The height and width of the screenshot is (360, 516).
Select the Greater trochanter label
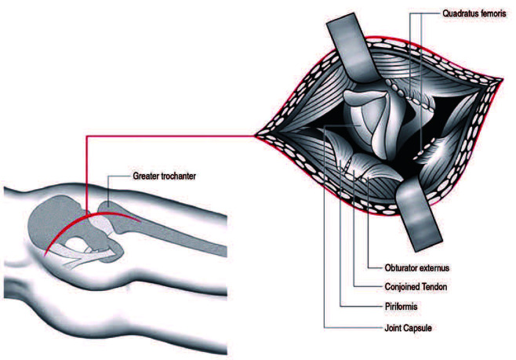click(x=163, y=176)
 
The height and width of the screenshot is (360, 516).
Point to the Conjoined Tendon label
click(x=415, y=287)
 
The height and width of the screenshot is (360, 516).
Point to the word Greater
click(x=146, y=176)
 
